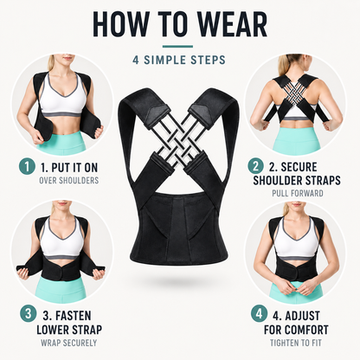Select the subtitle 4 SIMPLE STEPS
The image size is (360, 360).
(179, 60)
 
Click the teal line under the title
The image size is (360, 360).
(177, 46)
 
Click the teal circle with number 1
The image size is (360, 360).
(27, 166)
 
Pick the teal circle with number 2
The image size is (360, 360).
(255, 166)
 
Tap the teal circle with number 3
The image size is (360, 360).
(28, 313)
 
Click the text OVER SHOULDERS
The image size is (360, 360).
(69, 181)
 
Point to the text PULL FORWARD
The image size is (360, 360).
(298, 193)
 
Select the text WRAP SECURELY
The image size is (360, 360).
(68, 343)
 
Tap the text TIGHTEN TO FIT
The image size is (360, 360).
(296, 343)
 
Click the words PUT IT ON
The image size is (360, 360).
(74, 168)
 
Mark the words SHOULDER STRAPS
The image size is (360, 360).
(297, 180)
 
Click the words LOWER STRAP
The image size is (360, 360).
(69, 330)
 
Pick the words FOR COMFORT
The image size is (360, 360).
(296, 330)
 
